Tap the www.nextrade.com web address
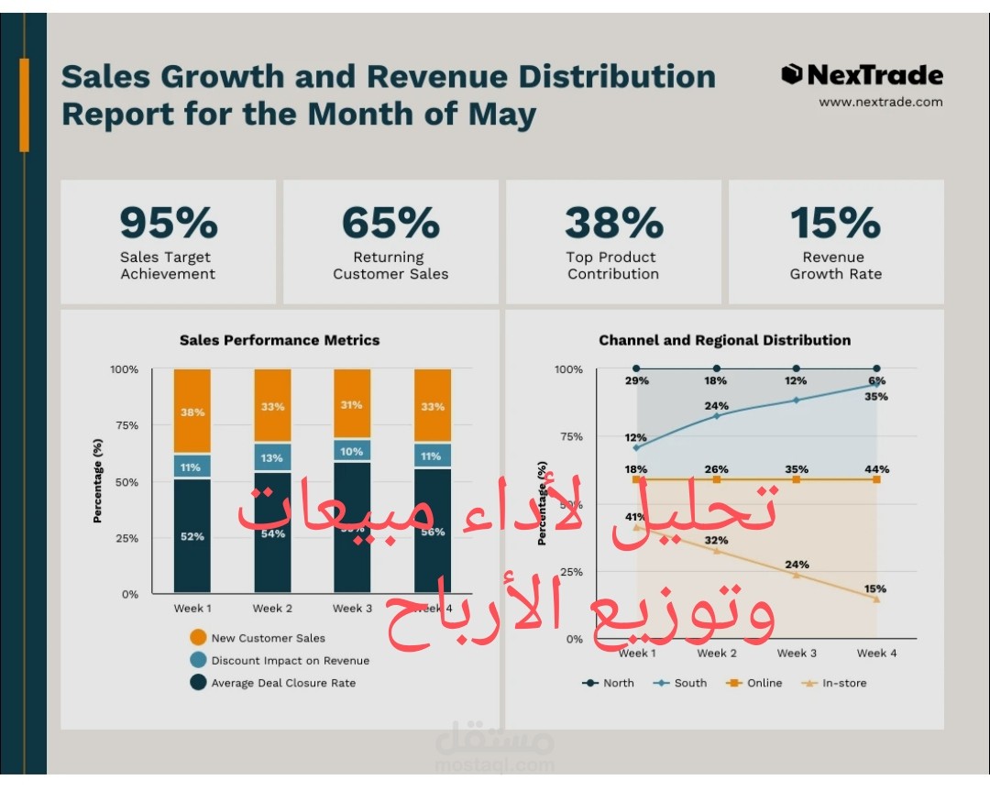click(x=880, y=102)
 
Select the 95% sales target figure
click(x=169, y=223)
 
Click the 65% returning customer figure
click(x=390, y=223)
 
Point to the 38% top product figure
click(x=613, y=223)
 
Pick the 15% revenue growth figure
click(x=835, y=223)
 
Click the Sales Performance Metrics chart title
click(x=280, y=340)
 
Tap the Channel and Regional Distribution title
click(x=724, y=340)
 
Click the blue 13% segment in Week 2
click(x=272, y=457)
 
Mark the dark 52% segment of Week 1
click(x=192, y=535)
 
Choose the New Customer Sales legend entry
click(x=268, y=638)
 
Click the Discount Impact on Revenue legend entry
click(x=290, y=660)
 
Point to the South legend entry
click(x=690, y=683)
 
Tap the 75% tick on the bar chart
click(x=125, y=425)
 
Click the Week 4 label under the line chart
click(x=876, y=654)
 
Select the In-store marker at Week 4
click(x=876, y=599)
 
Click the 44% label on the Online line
click(x=876, y=469)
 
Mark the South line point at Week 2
click(x=717, y=415)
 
